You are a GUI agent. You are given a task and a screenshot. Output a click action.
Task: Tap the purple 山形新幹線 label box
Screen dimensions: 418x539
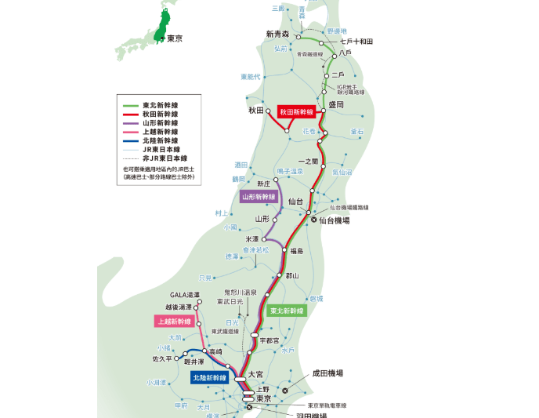pyautogui.click(x=259, y=197)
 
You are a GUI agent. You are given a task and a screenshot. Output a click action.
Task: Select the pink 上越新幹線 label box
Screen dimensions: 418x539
pyautogui.click(x=172, y=321)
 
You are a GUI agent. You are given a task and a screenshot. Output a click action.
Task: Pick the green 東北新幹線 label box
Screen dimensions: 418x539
pyautogui.click(x=286, y=311)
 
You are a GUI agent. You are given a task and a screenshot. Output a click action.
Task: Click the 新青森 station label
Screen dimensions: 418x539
pyautogui.click(x=277, y=34)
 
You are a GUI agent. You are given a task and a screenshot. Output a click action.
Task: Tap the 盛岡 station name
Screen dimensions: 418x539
pyautogui.click(x=336, y=104)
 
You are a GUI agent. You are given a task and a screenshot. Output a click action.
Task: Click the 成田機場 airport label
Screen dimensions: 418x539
pyautogui.click(x=327, y=373)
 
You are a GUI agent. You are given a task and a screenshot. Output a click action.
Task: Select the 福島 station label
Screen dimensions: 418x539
pyautogui.click(x=296, y=251)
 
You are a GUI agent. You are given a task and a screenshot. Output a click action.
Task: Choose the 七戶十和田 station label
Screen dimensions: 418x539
pyautogui.click(x=356, y=41)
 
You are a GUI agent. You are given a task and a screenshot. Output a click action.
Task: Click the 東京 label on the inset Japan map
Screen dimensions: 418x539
pyautogui.click(x=175, y=38)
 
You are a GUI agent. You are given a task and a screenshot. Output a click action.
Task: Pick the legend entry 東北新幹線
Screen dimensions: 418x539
pyautogui.click(x=160, y=104)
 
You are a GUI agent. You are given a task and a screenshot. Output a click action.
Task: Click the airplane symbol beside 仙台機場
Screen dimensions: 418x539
pyautogui.click(x=315, y=221)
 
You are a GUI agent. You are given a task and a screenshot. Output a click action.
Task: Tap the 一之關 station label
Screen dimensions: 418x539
pyautogui.click(x=309, y=161)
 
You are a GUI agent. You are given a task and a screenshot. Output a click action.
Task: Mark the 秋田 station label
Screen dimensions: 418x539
pyautogui.click(x=258, y=111)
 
